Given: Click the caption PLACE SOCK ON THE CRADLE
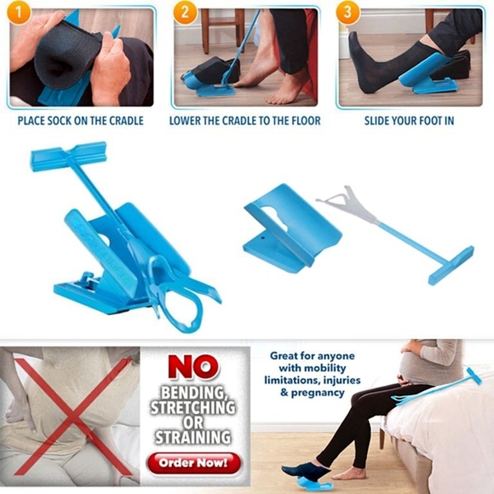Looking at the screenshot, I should (81, 121).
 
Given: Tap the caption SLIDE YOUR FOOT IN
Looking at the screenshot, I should (410, 121).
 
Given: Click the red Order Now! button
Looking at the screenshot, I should (193, 463).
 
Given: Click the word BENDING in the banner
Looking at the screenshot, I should (193, 394).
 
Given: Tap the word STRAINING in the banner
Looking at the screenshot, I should (193, 438).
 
